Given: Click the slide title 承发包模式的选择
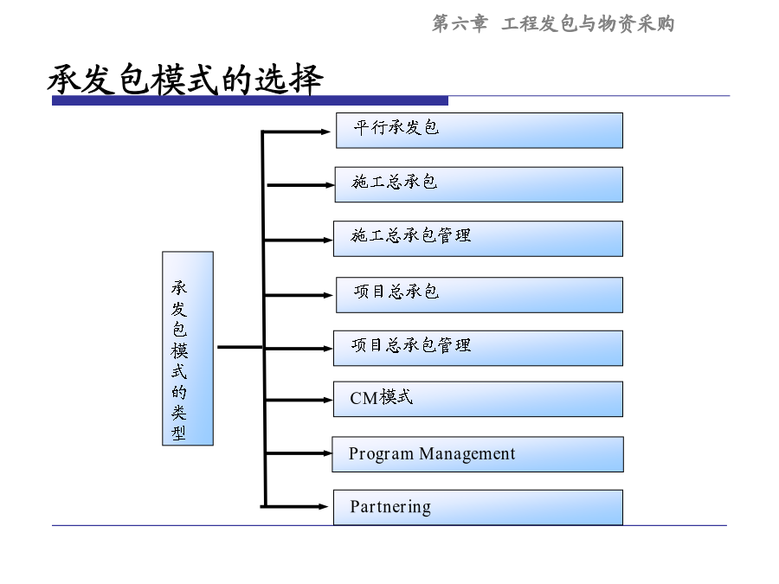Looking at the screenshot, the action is [x=186, y=79].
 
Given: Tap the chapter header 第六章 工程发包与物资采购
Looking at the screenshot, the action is [x=553, y=23].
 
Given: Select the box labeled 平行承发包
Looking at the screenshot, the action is [x=480, y=131].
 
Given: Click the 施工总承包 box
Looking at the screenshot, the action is [x=479, y=185].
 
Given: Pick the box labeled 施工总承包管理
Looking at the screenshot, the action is [x=478, y=239].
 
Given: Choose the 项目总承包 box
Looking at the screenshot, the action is [x=480, y=295].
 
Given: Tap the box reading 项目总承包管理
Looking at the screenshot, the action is [x=478, y=349].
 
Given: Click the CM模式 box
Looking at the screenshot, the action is [x=478, y=399].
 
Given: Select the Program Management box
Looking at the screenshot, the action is [x=478, y=454].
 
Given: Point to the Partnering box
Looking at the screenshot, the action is [x=478, y=508].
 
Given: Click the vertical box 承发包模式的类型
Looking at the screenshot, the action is [x=188, y=349].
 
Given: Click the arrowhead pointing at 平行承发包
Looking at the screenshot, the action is [x=326, y=132].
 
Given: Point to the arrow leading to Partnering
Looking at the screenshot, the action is [x=294, y=506].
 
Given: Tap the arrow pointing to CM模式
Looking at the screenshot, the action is [x=299, y=400].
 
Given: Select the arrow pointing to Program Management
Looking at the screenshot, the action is [x=299, y=453].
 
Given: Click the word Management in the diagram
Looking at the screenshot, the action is [x=467, y=454].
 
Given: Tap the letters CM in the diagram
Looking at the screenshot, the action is [x=364, y=398].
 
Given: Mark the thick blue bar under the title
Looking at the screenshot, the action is [x=250, y=101].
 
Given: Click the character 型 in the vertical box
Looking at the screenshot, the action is [x=179, y=433].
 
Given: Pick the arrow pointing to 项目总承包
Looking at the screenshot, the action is [x=299, y=296].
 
